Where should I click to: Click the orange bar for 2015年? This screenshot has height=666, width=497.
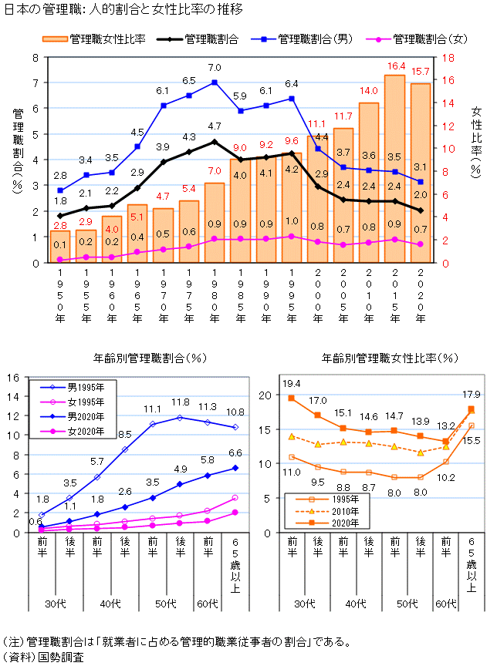tap(394, 170)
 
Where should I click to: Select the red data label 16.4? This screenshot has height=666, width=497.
tap(396, 66)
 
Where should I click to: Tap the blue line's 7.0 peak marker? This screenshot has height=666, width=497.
tap(215, 82)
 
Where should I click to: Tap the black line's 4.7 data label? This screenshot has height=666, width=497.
tap(215, 126)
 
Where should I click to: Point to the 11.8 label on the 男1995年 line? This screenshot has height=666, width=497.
tap(180, 402)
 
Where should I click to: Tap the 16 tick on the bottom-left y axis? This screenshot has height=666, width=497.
tap(12, 377)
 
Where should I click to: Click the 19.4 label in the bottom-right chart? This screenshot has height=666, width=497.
tap(291, 383)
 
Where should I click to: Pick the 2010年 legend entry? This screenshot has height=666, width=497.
tap(330, 510)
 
